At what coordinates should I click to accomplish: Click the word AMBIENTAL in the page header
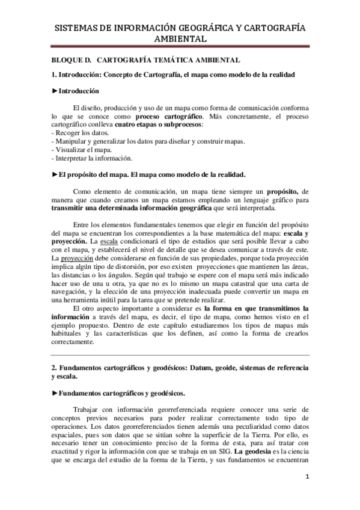pyautogui.click(x=180, y=38)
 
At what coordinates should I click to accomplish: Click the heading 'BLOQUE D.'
pyautogui.click(x=72, y=60)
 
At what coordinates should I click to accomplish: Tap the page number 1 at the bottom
pyautogui.click(x=307, y=478)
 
